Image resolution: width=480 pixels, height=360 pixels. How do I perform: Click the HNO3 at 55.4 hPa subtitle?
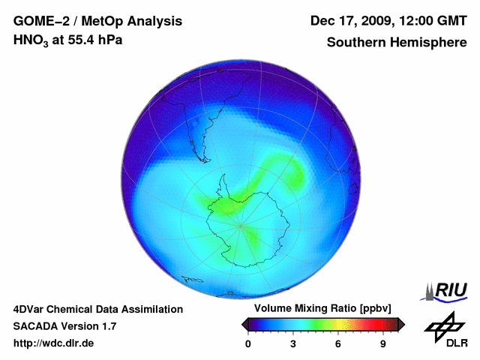[x=68, y=40]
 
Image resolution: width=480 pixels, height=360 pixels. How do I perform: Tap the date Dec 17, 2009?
[x=349, y=20]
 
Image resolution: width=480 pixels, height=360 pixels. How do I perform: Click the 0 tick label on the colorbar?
[x=248, y=343]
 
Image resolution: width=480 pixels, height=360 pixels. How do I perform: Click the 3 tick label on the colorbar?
[x=293, y=343]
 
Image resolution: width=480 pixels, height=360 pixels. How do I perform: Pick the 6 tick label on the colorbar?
[x=338, y=343]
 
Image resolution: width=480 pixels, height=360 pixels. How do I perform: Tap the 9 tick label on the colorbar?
[x=383, y=343]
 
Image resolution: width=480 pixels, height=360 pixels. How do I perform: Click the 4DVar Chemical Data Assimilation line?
[x=98, y=309]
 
